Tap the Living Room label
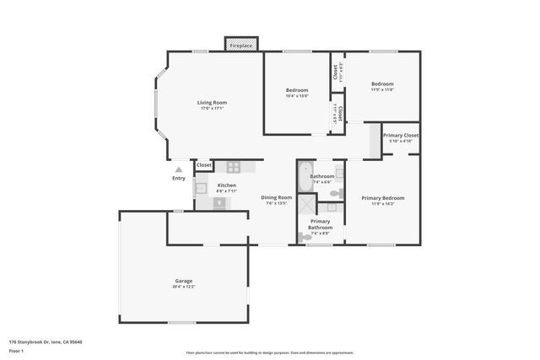coord(213,102)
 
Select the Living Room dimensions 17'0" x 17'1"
coord(213,108)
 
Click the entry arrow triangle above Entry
coord(178,169)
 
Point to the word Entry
coord(178,178)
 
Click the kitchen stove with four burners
coord(233,166)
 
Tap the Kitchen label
coord(226,185)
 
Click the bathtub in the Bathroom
coord(304,179)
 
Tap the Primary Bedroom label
coord(383,198)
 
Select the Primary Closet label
coord(400,135)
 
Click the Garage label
coord(184,281)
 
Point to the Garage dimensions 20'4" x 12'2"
coord(184,287)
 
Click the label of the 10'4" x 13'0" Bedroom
coord(297,90)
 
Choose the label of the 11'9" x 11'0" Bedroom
coord(383,83)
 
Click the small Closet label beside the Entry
coord(204,165)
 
